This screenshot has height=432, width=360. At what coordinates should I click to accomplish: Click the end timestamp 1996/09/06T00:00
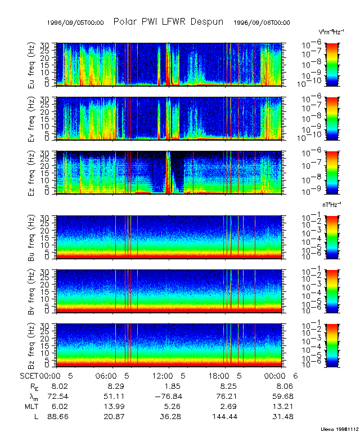(x=262, y=23)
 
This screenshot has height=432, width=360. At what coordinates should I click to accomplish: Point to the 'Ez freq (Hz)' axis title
(x=33, y=173)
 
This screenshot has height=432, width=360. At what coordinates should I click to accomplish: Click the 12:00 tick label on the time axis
(x=164, y=375)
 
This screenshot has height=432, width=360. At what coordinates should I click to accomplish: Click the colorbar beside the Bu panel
(x=333, y=236)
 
